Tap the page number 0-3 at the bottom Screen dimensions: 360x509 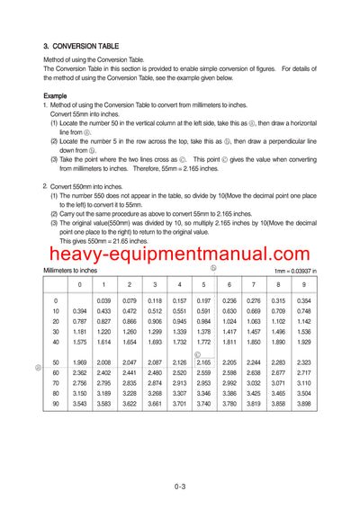[x=180, y=487]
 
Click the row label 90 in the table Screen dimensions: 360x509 [x=56, y=404]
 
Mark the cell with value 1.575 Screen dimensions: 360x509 [x=79, y=342]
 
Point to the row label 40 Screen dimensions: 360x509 [x=56, y=342]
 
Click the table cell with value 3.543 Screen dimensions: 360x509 [x=79, y=404]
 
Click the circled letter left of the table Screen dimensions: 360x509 [x=38, y=367]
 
